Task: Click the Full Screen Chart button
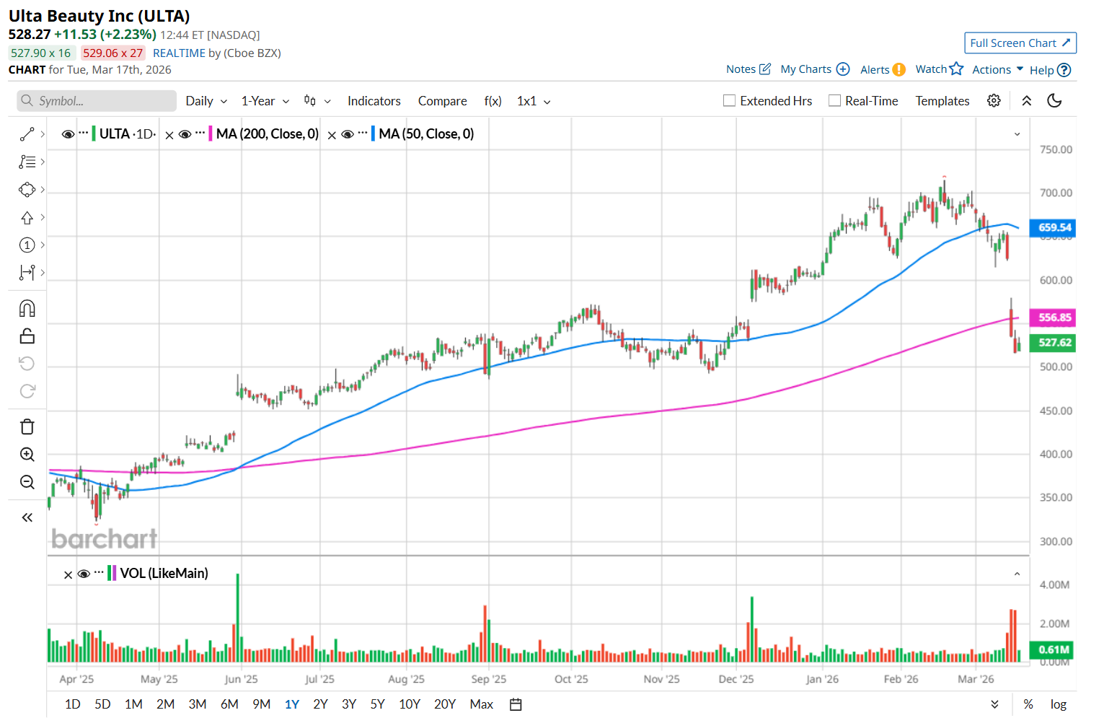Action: point(1020,43)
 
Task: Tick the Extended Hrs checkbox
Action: point(730,101)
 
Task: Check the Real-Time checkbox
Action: point(835,101)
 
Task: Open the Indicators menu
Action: point(374,101)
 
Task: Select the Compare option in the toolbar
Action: point(442,101)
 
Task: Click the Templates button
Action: point(942,101)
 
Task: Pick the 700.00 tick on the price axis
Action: point(1056,193)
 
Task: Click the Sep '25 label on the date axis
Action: point(488,679)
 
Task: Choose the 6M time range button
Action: point(229,704)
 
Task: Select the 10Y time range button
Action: point(409,704)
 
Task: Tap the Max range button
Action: point(481,704)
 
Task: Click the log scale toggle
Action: point(1058,704)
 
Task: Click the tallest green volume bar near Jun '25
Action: point(237,617)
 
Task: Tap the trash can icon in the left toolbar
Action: point(27,427)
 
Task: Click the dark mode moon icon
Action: point(1054,101)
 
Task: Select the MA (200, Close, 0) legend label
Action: point(267,134)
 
